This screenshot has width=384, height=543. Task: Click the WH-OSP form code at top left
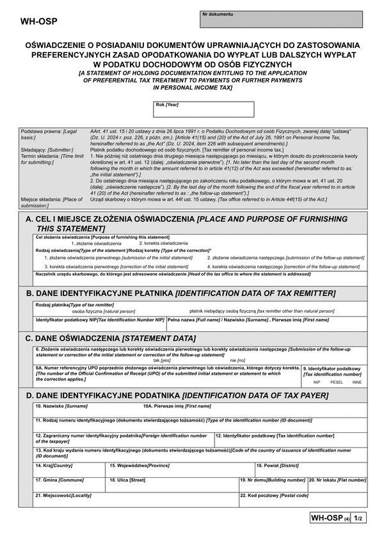pyautogui.click(x=39, y=21)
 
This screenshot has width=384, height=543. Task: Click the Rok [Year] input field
pyautogui.click(x=204, y=110)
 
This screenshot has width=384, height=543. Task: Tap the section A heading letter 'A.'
pyautogui.click(x=29, y=219)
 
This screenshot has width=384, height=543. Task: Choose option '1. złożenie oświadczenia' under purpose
pyautogui.click(x=95, y=244)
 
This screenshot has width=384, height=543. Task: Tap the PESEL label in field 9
pyautogui.click(x=337, y=382)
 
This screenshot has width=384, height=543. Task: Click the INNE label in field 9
pyautogui.click(x=356, y=382)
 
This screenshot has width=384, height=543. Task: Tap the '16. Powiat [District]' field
pyautogui.click(x=310, y=469)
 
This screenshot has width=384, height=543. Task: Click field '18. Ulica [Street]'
pyautogui.click(x=173, y=484)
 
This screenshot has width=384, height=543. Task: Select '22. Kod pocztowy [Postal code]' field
pyautogui.click(x=303, y=500)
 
